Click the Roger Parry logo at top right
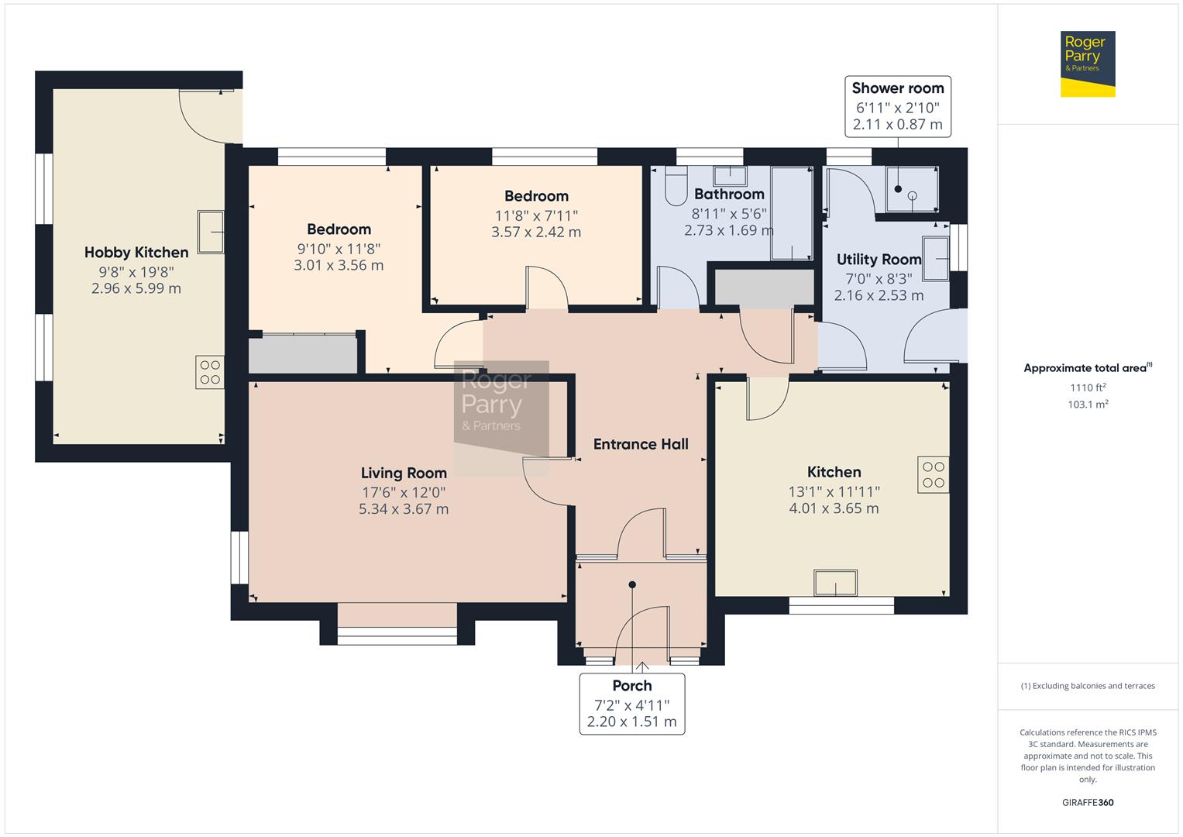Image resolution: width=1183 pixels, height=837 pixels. (x=1087, y=64)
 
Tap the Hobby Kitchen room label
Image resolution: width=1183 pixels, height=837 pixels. (x=136, y=253)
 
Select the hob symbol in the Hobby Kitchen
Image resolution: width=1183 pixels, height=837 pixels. (x=210, y=372)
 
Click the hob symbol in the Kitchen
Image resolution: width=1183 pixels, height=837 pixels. (x=934, y=474)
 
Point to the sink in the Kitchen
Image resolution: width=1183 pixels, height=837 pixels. (x=835, y=583)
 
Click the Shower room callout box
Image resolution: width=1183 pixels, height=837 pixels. (x=897, y=106)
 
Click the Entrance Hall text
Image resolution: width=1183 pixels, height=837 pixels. (x=641, y=444)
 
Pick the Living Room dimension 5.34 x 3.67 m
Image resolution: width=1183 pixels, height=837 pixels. (x=404, y=509)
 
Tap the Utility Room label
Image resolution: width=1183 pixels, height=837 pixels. (x=879, y=260)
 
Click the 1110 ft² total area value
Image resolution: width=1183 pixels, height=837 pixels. (x=1088, y=387)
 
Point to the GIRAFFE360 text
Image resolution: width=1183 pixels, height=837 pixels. (x=1088, y=803)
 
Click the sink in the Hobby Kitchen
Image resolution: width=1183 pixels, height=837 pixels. (x=211, y=231)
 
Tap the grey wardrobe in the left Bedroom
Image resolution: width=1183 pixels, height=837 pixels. (x=303, y=354)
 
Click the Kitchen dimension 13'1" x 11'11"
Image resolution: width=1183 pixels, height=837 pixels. (x=834, y=491)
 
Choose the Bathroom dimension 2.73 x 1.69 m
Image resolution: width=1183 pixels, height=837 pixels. (x=728, y=230)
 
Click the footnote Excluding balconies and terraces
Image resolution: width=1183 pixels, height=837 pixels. (x=1088, y=686)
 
